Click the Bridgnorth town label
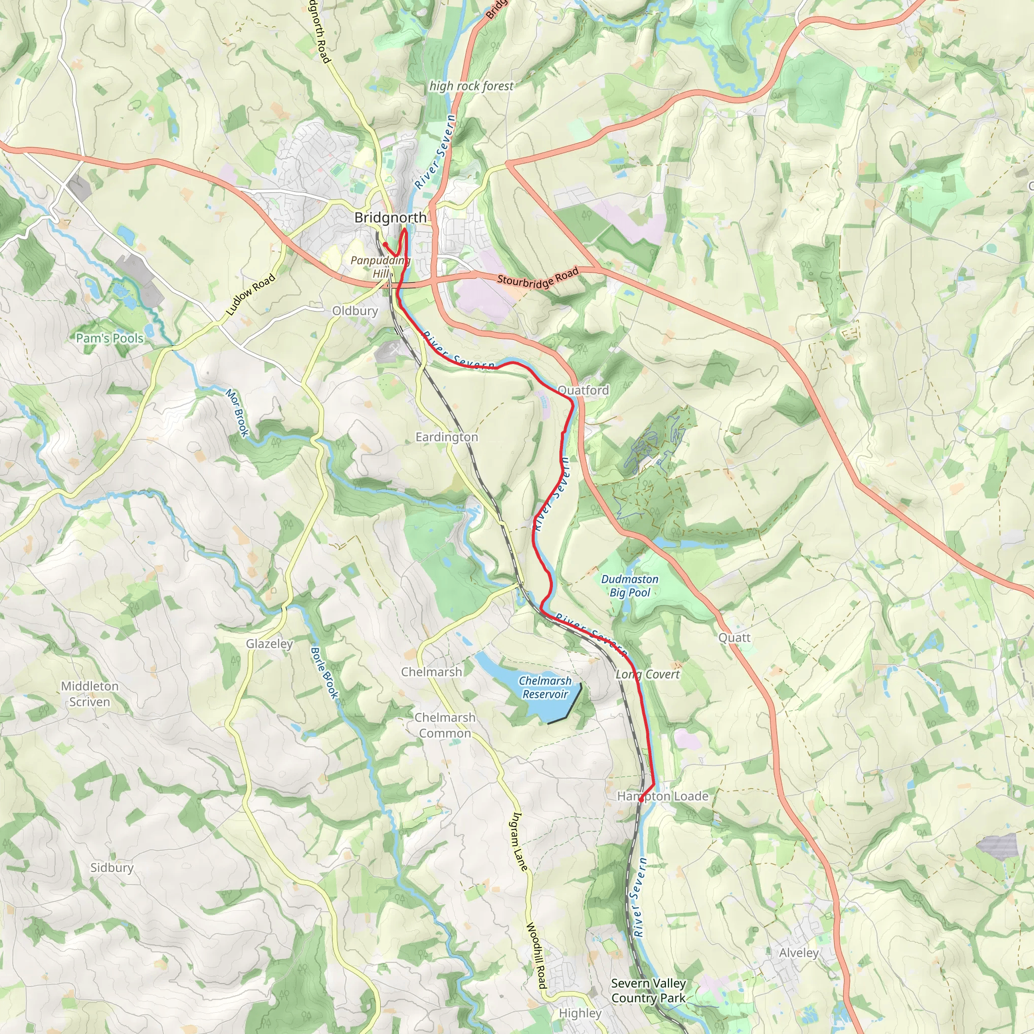[x=390, y=218]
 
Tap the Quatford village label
[x=583, y=390]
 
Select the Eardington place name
[x=446, y=437]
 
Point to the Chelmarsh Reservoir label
[x=545, y=687]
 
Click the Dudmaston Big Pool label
[x=630, y=586]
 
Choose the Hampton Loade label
[x=662, y=796]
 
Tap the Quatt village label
[x=734, y=638]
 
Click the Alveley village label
[x=799, y=953]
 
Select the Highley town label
[x=580, y=1013]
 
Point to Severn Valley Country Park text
[x=648, y=991]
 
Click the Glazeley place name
[x=269, y=644]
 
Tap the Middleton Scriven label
[x=89, y=694]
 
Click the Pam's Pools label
[x=110, y=338]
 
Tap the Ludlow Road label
[x=250, y=294]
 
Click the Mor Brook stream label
[x=237, y=412]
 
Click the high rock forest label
[x=471, y=86]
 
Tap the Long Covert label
[x=648, y=675]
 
